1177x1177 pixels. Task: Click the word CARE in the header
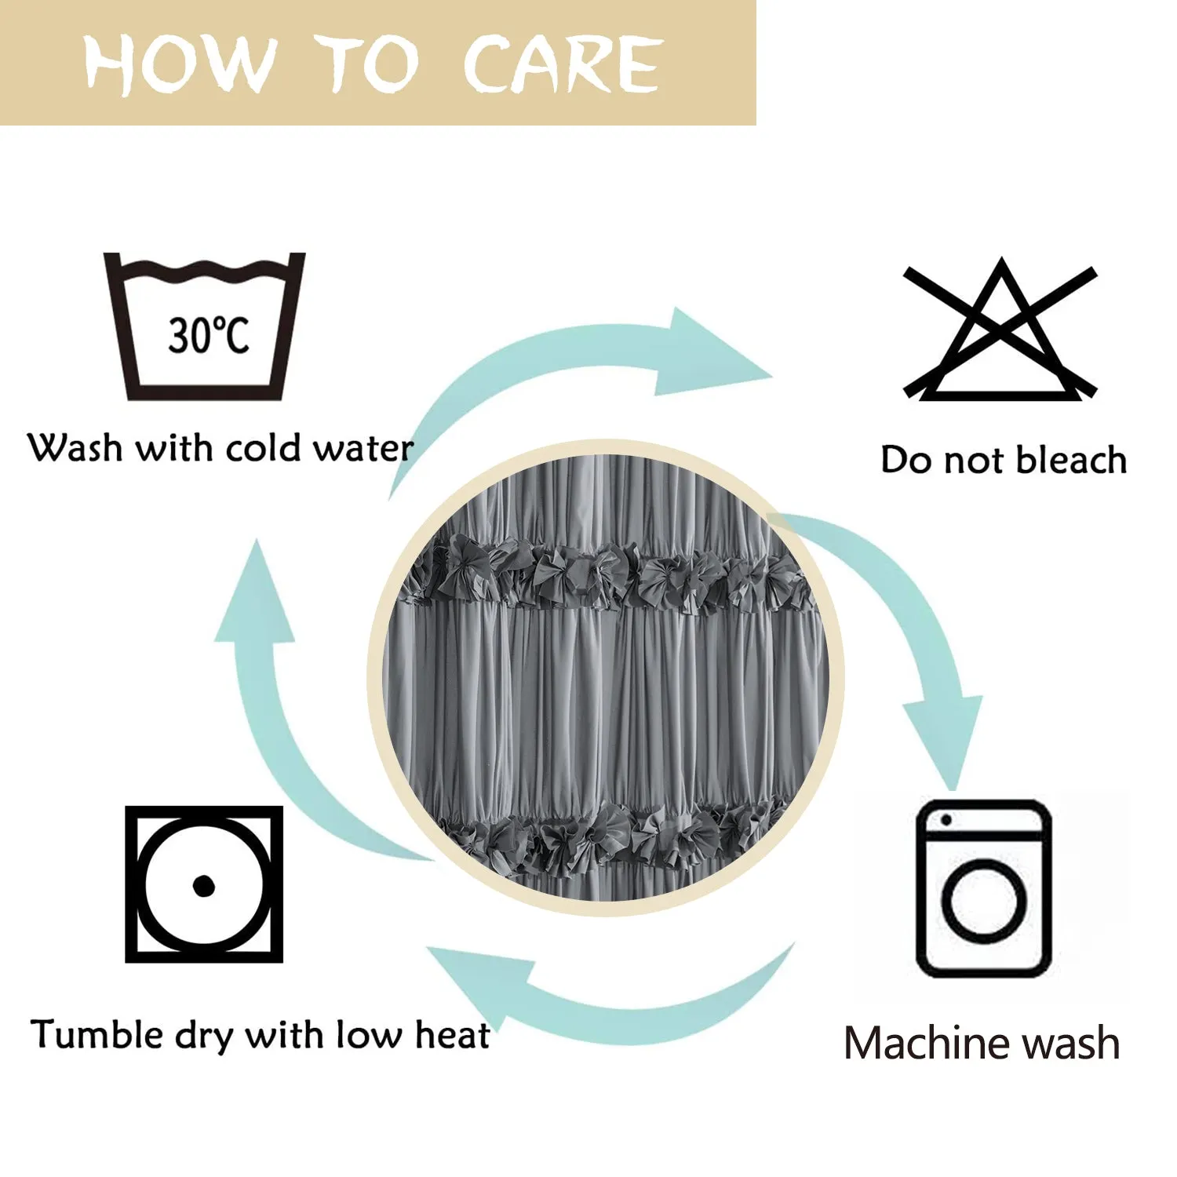point(562,64)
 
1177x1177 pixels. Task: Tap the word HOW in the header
point(180,64)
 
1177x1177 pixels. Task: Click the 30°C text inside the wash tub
point(208,335)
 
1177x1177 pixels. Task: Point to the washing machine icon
point(984,888)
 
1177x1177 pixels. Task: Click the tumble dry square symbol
point(204,884)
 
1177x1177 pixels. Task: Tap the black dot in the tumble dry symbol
point(203,886)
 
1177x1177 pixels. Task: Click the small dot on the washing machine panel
point(946,820)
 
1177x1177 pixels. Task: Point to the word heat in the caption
point(453,1034)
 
